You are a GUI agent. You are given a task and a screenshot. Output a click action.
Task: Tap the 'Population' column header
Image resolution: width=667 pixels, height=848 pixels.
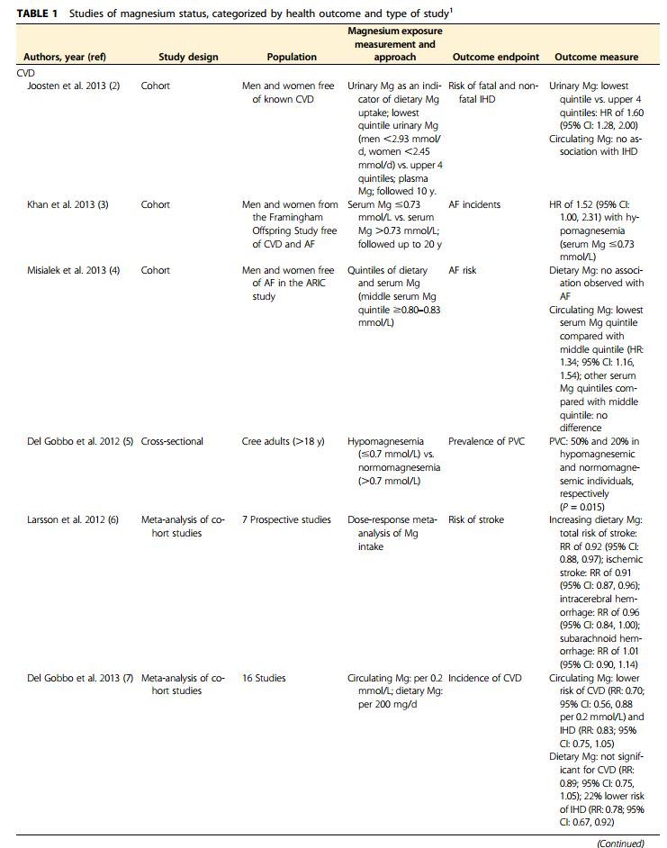coord(292,57)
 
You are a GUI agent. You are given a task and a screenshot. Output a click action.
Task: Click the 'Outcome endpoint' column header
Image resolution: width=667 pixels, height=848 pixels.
coord(495,57)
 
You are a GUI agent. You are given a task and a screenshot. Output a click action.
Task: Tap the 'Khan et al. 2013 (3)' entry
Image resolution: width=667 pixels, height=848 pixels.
coord(68,204)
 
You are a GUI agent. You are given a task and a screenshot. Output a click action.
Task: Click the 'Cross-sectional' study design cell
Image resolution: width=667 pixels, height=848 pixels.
coord(172,441)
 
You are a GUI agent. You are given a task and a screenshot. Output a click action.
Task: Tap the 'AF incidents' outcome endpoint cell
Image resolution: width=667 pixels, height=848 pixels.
coord(474,204)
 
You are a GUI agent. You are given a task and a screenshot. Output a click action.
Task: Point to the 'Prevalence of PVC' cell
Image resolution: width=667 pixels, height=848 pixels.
coord(487,441)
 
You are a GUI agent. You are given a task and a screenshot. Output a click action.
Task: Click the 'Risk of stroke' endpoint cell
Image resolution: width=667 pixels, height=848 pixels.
coord(476,519)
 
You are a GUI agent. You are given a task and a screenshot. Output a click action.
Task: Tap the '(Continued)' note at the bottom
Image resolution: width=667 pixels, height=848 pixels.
coord(622,843)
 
